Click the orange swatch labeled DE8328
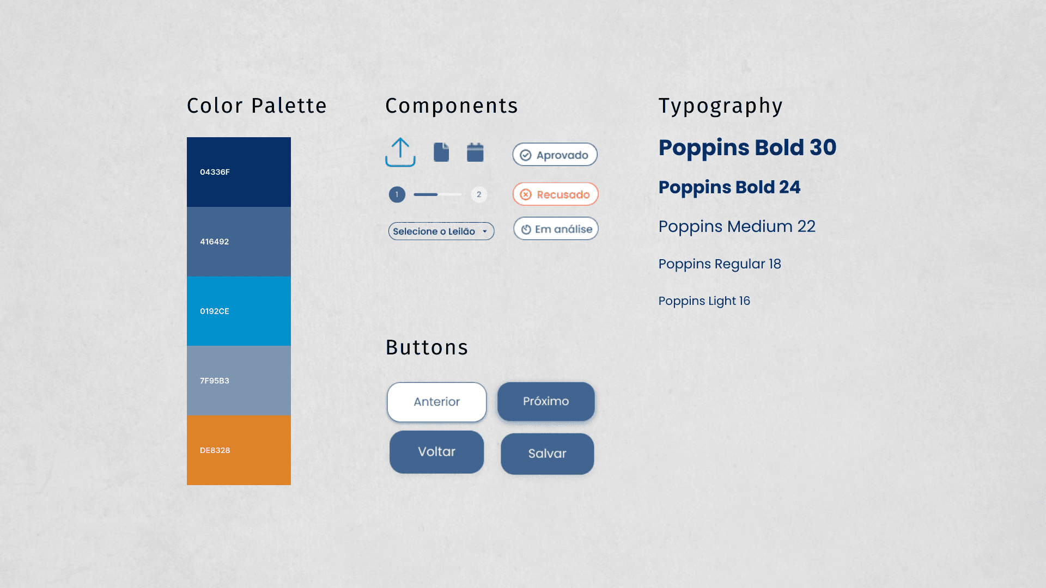[x=239, y=450]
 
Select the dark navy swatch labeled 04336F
[x=239, y=172]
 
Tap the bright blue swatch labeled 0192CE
[x=239, y=311]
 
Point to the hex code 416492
[x=214, y=242]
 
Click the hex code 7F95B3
[x=214, y=381]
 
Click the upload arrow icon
[x=400, y=152]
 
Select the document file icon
[x=441, y=152]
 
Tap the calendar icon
[x=475, y=152]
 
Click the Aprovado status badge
[x=555, y=155]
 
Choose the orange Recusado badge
[x=555, y=194]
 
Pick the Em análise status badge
[x=556, y=229]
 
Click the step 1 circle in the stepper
[x=397, y=194]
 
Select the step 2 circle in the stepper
[x=479, y=194]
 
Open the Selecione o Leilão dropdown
[x=441, y=231]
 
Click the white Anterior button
[x=437, y=402]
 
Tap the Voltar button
[x=436, y=452]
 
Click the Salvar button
[x=547, y=454]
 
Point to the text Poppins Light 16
[x=704, y=301]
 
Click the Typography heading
[x=720, y=106]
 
